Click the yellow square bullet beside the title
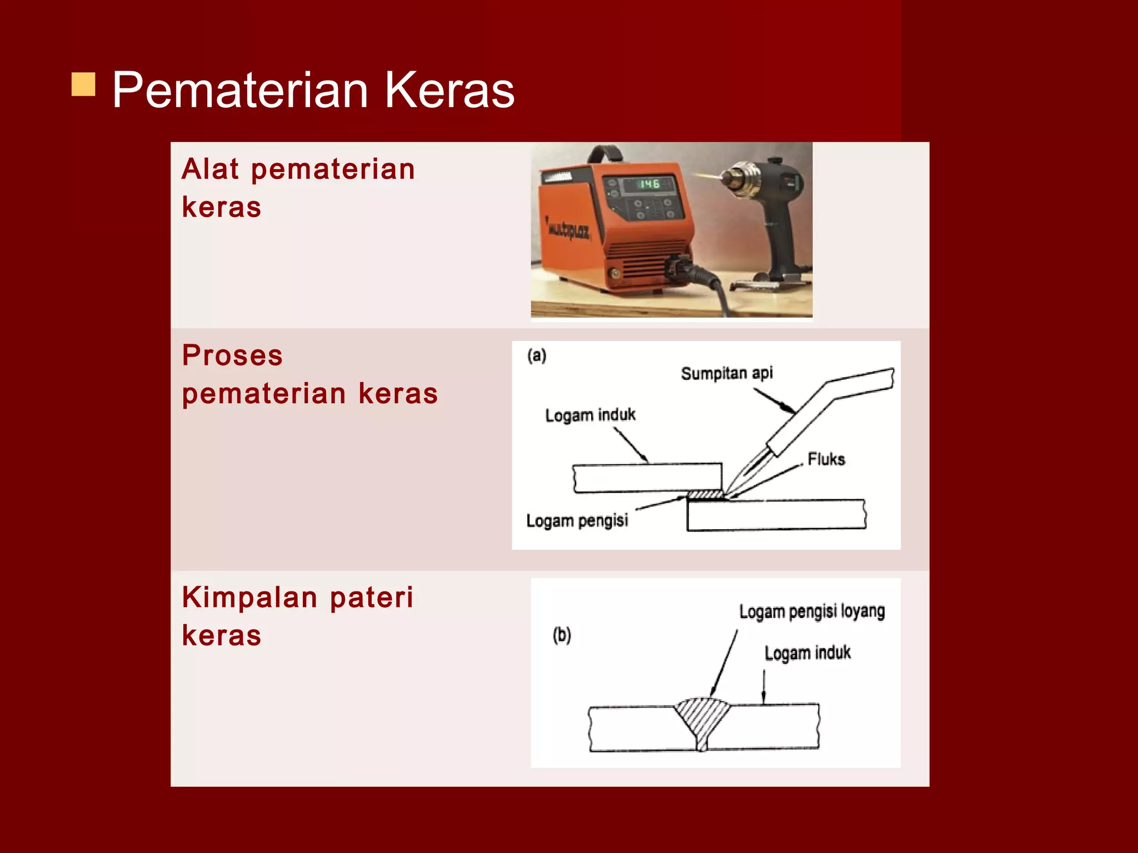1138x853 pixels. coord(83,84)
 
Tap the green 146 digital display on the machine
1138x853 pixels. coord(648,184)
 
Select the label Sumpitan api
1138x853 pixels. coord(726,373)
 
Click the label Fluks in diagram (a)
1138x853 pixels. coord(826,459)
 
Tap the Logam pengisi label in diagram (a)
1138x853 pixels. coord(577,521)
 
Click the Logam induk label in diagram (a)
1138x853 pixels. coord(590,415)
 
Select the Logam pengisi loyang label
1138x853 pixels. coord(811,611)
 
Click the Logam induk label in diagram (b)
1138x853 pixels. coord(807,653)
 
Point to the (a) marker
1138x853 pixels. coord(537,355)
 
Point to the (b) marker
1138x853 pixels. coord(562,635)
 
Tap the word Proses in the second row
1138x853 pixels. coord(232,356)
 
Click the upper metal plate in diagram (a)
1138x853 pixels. coord(647,478)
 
